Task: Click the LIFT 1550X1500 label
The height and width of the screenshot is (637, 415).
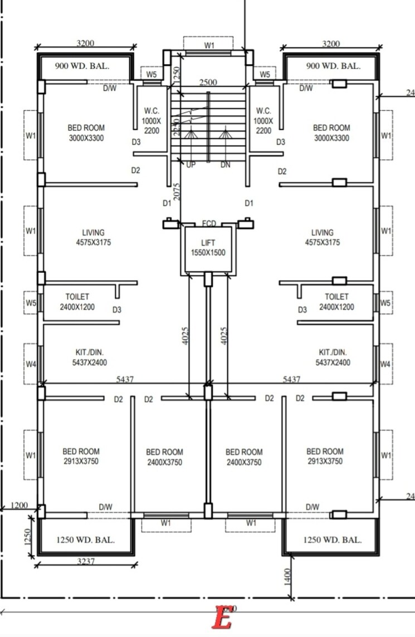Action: point(208,248)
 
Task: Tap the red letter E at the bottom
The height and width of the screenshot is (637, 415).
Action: point(223,619)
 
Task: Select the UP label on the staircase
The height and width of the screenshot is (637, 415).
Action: point(191,165)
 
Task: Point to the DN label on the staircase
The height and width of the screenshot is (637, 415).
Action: point(225,165)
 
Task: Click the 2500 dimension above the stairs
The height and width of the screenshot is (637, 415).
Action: point(208,82)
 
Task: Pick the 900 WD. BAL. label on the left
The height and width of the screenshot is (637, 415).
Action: point(82,66)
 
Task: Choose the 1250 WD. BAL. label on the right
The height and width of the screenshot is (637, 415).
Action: point(333,540)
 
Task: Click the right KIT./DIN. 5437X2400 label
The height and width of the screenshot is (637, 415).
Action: point(333,357)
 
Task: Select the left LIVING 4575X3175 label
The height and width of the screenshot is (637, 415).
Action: point(94,238)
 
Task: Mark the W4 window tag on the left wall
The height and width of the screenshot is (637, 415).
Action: point(31,364)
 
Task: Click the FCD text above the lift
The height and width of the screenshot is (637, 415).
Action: point(209,224)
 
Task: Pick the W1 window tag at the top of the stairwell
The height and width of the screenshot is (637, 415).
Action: point(209,46)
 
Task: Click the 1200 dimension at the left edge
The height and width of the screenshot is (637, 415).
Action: point(19,506)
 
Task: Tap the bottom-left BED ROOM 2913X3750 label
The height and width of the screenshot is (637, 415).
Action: point(81,456)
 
